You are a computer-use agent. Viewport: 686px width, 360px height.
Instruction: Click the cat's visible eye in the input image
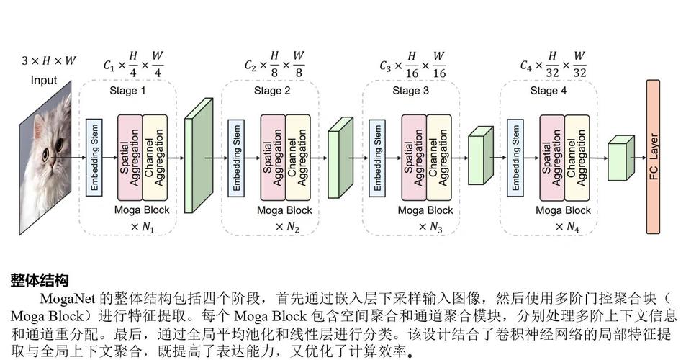coord(45,153)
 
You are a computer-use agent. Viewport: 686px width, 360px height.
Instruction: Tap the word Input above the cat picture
coord(43,80)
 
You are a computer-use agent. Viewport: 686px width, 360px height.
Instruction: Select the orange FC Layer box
coord(653,157)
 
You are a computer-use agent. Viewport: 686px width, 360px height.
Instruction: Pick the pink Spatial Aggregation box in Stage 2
coord(273,157)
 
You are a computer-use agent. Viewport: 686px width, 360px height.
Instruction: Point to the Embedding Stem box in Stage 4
coord(515,157)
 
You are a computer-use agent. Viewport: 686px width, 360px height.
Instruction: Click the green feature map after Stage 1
coord(198,156)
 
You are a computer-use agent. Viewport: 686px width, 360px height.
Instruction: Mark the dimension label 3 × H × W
coord(48,61)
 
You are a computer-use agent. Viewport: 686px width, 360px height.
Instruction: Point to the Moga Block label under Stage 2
coord(284,210)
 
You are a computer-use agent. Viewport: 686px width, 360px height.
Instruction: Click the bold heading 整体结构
coord(40,279)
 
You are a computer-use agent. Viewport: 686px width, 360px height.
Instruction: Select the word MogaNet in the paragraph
coord(68,298)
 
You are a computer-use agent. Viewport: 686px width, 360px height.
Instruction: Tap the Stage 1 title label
coord(127,91)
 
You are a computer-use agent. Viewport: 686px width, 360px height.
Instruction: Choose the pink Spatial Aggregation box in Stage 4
coord(552,157)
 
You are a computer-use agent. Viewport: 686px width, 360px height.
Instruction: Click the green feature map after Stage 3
coord(479,156)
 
